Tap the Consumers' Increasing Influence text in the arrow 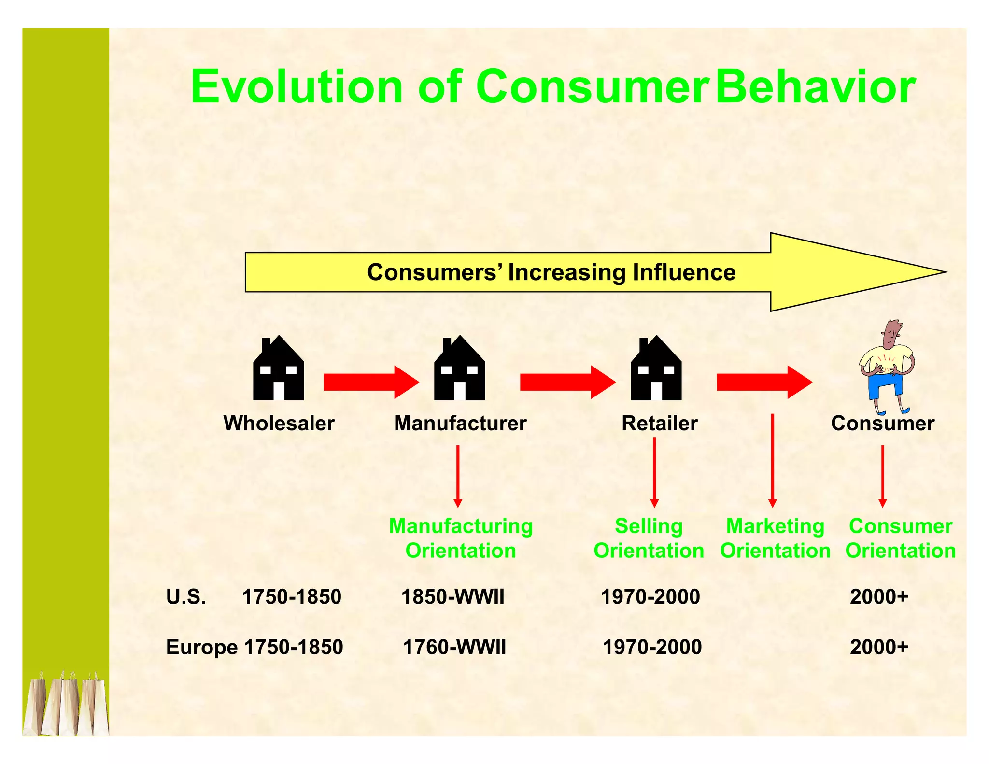click(x=551, y=272)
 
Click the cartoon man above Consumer click(x=887, y=367)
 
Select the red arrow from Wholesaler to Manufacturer click(x=371, y=382)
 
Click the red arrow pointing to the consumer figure click(x=764, y=382)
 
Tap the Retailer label click(x=659, y=423)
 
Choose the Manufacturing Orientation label click(x=461, y=538)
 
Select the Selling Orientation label click(x=649, y=538)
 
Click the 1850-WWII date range click(x=452, y=597)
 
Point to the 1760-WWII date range click(x=454, y=647)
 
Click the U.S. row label click(x=186, y=597)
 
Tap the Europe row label click(x=201, y=647)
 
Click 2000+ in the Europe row click(x=879, y=647)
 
